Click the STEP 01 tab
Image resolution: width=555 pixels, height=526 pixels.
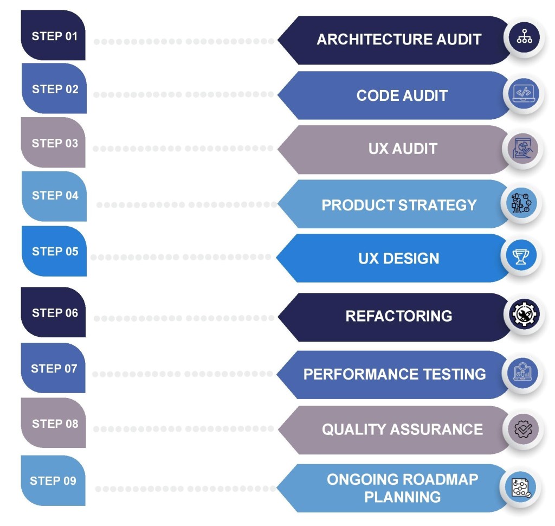point(54,36)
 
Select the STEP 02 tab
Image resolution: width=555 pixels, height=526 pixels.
point(54,89)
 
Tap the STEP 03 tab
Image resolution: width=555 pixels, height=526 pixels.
point(54,143)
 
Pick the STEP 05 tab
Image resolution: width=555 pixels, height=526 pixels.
point(54,251)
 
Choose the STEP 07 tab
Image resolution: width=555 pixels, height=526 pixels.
point(54,368)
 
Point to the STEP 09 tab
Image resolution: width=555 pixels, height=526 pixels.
point(53,480)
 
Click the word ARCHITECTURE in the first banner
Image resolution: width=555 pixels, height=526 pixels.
point(367,40)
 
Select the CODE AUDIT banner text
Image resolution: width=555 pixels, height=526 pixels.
point(402,95)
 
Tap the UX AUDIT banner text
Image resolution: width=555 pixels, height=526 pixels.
point(402,149)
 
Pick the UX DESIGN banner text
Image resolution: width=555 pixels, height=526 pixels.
point(398,258)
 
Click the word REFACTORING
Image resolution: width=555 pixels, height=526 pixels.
point(398,316)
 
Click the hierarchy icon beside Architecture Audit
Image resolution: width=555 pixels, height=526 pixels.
point(524,39)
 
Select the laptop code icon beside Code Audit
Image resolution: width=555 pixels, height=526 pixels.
point(524,93)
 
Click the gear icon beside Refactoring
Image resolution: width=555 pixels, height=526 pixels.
point(524,315)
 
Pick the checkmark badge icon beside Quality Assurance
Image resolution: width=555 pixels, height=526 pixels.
point(524,429)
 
